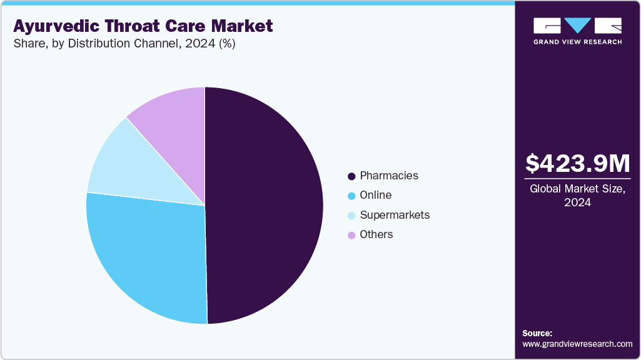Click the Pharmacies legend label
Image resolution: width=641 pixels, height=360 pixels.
click(x=389, y=176)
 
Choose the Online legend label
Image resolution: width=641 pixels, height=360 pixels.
click(x=375, y=195)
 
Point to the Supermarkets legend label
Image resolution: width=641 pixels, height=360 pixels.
click(x=395, y=215)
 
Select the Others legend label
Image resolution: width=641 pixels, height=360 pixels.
click(x=376, y=234)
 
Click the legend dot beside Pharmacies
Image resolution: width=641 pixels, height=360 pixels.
click(x=351, y=176)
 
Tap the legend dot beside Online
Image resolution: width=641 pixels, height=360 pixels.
click(x=351, y=196)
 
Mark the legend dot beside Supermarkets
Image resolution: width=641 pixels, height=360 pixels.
click(x=351, y=216)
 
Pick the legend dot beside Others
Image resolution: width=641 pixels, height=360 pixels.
click(x=351, y=235)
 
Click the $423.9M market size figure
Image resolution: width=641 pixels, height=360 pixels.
click(x=577, y=164)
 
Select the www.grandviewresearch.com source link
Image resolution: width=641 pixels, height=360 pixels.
click(x=577, y=344)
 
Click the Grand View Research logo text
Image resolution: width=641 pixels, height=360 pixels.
click(x=577, y=42)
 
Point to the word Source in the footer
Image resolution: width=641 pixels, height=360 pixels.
click(x=537, y=333)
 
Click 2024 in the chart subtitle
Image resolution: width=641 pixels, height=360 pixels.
click(x=193, y=44)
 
